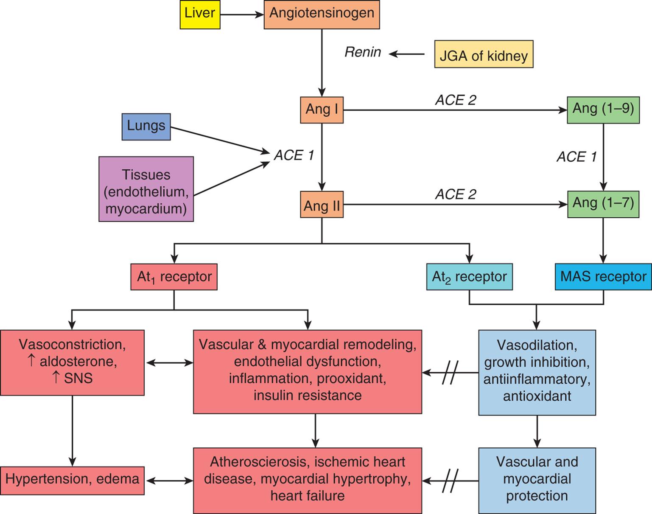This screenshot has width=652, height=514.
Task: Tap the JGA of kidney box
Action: point(484,54)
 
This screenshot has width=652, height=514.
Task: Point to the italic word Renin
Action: point(363,52)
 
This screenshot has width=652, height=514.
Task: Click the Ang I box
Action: point(322,110)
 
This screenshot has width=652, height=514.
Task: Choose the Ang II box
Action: point(322,205)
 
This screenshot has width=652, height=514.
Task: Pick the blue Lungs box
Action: point(146,126)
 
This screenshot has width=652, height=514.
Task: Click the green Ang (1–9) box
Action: point(603,110)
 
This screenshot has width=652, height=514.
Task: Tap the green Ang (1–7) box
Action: point(603,204)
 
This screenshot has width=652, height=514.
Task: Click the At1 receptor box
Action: point(174,277)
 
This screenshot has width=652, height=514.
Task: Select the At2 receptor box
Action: point(469,277)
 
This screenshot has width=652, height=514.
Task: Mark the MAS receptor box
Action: point(603,277)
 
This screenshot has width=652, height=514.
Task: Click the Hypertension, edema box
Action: point(72,480)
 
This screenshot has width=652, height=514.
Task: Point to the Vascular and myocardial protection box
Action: point(537,480)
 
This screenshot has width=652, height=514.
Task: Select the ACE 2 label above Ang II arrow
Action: point(456,194)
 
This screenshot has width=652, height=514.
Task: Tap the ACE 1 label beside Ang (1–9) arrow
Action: point(576,157)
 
